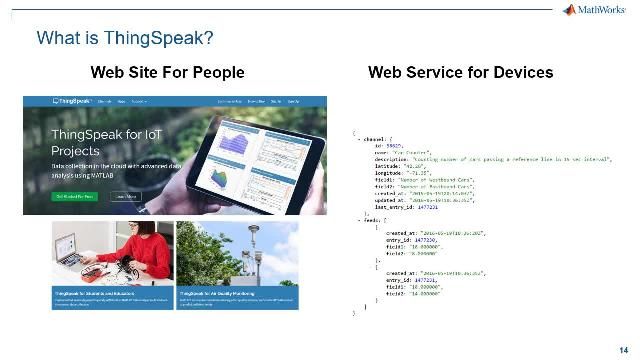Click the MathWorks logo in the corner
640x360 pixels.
(598, 10)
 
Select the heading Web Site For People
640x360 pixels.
(167, 72)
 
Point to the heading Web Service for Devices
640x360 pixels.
(460, 72)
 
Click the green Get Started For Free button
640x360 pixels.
(74, 197)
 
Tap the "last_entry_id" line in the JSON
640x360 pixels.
(400, 205)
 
